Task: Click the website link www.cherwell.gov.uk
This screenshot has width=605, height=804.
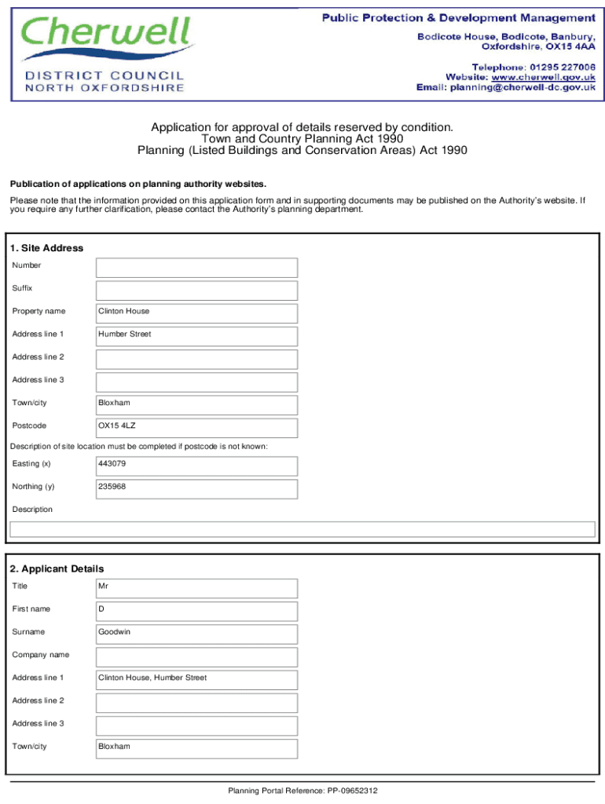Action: (543, 77)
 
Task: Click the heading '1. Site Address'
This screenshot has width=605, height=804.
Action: (46, 248)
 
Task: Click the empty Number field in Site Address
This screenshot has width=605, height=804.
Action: (196, 268)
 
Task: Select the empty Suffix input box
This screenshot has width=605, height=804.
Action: (196, 291)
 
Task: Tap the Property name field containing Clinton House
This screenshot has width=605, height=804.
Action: (196, 313)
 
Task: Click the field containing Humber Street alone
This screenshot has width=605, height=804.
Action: (196, 336)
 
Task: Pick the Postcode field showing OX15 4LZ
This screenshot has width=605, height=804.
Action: (196, 428)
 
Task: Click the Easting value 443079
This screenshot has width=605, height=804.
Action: (196, 466)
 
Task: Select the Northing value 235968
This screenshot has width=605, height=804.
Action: (196, 488)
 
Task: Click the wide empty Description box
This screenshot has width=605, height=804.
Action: (302, 529)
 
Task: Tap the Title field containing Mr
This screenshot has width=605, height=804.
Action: (196, 588)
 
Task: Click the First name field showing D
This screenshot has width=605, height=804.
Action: (196, 611)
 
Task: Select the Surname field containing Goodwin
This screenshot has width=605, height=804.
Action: (196, 634)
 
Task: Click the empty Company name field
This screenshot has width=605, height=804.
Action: (196, 656)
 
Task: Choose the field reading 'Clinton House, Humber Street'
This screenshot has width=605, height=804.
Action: (196, 679)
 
